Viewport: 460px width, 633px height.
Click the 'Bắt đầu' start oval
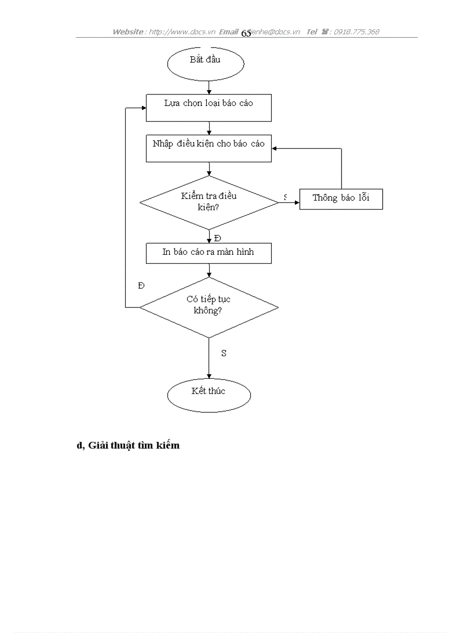[x=205, y=63]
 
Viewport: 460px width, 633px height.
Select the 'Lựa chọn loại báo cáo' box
[x=209, y=107]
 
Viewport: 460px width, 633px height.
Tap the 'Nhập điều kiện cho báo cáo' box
[x=209, y=148]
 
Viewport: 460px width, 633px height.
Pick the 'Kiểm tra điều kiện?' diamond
[x=209, y=202]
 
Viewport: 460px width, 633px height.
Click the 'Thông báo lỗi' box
[x=340, y=198]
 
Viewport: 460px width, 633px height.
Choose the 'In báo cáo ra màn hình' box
[x=209, y=253]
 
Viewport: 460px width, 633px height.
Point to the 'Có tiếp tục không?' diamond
[x=209, y=307]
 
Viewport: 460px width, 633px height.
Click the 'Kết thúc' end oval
[x=209, y=395]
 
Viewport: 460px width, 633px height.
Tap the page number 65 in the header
[x=246, y=33]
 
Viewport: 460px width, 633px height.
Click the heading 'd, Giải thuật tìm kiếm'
[x=128, y=445]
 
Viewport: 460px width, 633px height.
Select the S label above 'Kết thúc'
[x=224, y=353]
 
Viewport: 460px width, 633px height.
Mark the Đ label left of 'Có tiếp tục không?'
[x=141, y=286]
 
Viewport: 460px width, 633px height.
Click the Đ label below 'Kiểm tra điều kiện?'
[x=218, y=238]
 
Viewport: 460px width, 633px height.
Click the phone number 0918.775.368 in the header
[x=356, y=32]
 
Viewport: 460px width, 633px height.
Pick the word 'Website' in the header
[x=128, y=32]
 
